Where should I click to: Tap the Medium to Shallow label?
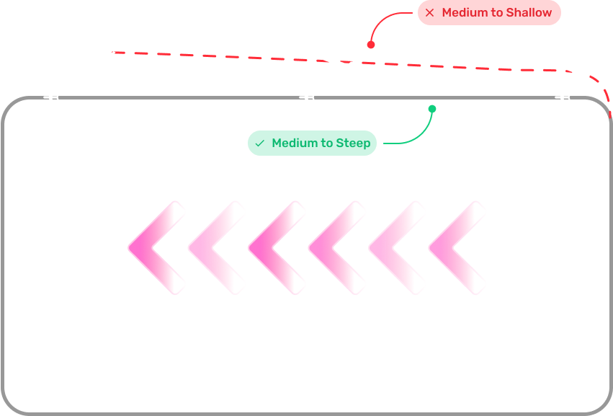[x=489, y=13]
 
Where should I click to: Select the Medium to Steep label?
[x=312, y=143]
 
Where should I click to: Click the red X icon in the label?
[x=430, y=13]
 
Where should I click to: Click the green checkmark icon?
[x=259, y=143]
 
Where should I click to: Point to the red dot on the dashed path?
[x=371, y=45]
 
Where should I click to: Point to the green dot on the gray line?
[x=432, y=109]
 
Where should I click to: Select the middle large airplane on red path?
[x=337, y=63]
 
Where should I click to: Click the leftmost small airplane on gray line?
[x=51, y=97]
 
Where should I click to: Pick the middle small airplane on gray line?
[x=308, y=97]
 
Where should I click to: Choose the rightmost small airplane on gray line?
[x=565, y=97]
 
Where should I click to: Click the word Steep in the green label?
[x=353, y=143]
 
